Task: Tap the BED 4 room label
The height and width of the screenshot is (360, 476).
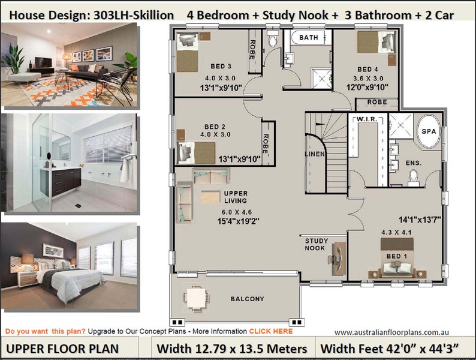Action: [x=367, y=68]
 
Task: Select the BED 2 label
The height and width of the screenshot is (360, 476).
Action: [x=215, y=127]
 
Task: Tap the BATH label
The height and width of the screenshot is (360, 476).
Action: [x=309, y=37]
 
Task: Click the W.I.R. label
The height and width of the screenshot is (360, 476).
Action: [x=366, y=119]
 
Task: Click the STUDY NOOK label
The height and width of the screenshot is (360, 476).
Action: [x=315, y=244]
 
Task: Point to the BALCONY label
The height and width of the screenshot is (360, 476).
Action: [x=247, y=299]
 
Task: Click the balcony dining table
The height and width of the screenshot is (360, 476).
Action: [x=194, y=298]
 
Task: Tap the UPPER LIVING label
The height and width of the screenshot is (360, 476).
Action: [x=236, y=197]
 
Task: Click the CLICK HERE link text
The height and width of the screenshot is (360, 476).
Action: [x=271, y=331]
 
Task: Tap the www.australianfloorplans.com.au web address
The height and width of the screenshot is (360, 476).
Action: [x=392, y=332]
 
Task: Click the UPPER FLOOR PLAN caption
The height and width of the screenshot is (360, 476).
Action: [x=63, y=348]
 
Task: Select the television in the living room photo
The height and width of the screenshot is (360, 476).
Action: [x=42, y=62]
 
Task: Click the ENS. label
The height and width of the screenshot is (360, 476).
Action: [x=413, y=163]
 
